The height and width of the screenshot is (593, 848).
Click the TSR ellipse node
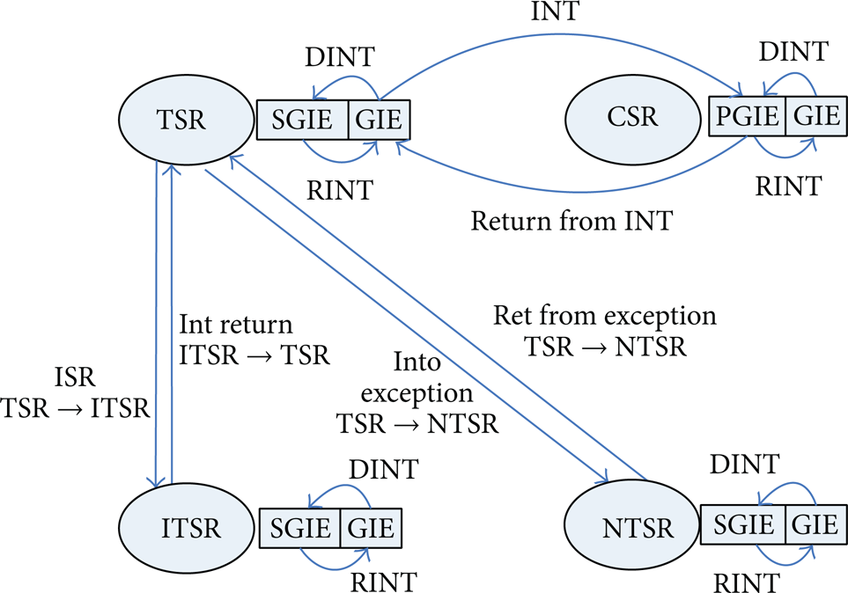point(186,120)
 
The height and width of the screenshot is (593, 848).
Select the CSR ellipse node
point(633,119)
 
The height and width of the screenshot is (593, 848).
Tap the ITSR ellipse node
point(186,527)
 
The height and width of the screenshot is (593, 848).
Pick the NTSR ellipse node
point(631,525)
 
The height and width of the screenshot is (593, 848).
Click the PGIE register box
point(747,116)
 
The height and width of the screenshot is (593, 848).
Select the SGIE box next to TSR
point(302,120)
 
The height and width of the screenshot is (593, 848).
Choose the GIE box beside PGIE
point(816,116)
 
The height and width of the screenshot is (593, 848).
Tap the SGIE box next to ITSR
point(299,528)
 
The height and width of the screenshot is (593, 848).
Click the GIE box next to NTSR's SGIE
point(816,524)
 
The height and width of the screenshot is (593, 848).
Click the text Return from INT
point(571,221)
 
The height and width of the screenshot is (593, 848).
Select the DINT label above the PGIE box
point(793,51)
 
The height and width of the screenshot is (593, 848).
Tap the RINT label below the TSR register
point(340,190)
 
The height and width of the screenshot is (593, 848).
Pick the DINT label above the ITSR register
point(383,469)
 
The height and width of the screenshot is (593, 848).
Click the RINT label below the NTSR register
point(747,582)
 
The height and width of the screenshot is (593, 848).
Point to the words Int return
point(236,325)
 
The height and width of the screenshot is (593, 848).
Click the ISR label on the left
point(75,377)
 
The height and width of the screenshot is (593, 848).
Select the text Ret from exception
point(605,316)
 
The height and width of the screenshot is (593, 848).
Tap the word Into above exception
point(417,362)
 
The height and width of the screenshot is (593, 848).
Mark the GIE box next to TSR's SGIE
point(380,120)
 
